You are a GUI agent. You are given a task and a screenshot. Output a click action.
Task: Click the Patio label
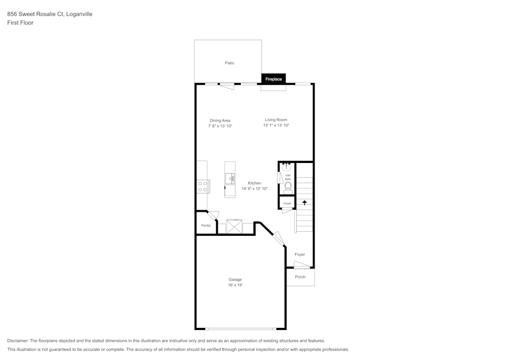(x=230, y=63)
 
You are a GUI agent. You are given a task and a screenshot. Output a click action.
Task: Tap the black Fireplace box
(x=273, y=79)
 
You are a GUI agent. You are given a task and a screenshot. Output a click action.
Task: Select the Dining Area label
(x=220, y=121)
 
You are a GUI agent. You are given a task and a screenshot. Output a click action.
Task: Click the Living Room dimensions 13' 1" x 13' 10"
(x=276, y=125)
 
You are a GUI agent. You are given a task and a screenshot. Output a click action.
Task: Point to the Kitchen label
(x=254, y=183)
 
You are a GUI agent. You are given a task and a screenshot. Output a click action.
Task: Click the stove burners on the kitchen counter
(x=203, y=186)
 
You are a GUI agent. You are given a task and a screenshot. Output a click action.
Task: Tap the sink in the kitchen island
(x=230, y=178)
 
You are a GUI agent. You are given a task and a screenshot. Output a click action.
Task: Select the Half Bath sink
(x=287, y=167)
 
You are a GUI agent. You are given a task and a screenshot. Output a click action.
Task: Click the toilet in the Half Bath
(x=288, y=187)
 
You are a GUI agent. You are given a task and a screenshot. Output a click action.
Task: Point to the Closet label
(x=287, y=203)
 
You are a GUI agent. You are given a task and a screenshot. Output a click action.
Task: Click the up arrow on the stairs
(x=304, y=202)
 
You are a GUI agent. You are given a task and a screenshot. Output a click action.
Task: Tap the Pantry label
(x=206, y=226)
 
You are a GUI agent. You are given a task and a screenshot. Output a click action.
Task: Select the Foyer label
(x=300, y=254)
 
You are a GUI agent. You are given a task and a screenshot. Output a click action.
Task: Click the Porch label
(x=300, y=277)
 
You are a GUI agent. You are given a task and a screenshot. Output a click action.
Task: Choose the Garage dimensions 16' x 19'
(x=235, y=286)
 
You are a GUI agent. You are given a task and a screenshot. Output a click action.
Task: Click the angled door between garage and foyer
(x=278, y=240)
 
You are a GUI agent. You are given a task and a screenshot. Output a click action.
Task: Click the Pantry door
(x=213, y=216)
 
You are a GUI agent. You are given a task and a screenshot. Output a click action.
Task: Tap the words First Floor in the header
(x=20, y=23)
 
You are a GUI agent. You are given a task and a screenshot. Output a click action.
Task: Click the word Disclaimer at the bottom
(x=18, y=341)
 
